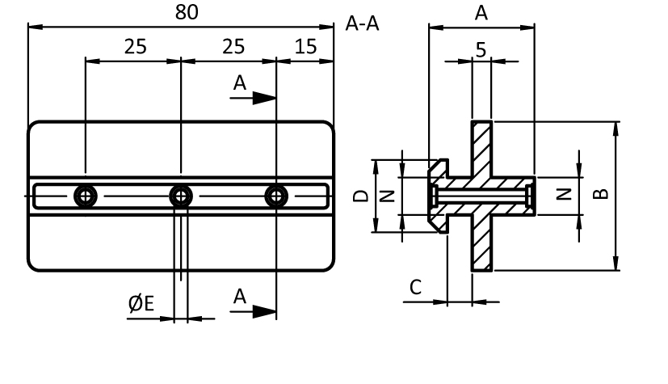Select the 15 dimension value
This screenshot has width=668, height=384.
(x=305, y=47)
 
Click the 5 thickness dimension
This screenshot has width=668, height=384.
(x=481, y=50)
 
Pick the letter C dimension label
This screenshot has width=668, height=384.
(x=416, y=287)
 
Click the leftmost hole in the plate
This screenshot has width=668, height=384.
(x=85, y=196)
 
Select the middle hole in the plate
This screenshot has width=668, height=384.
(x=181, y=196)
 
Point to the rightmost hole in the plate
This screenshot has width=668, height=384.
(x=277, y=196)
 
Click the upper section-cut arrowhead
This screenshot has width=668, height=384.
(x=263, y=98)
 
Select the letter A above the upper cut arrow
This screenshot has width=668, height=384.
(x=239, y=82)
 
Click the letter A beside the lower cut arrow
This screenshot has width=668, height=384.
(x=239, y=297)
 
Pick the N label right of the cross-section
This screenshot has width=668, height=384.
(x=565, y=194)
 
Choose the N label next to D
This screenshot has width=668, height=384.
(x=386, y=196)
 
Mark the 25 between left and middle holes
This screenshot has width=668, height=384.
(x=135, y=47)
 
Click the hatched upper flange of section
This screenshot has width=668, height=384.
(x=481, y=148)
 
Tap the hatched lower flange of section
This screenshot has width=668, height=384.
(x=481, y=243)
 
